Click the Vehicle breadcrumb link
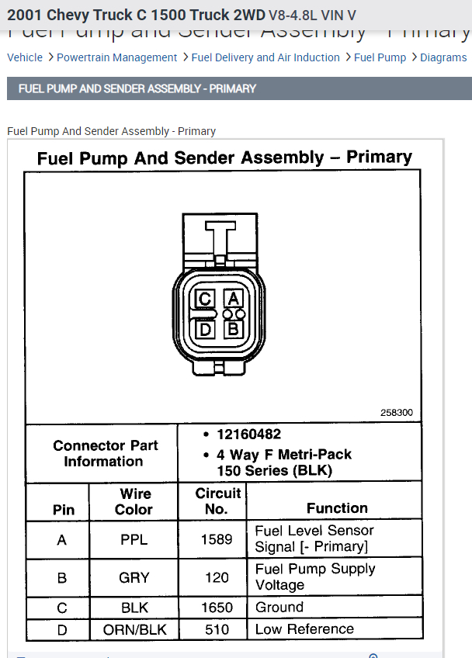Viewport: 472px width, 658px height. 25,57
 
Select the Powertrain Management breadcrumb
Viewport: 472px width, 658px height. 116,57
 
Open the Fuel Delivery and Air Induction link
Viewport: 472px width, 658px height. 265,57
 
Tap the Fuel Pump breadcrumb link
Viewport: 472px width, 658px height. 380,57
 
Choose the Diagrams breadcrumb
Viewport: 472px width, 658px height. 443,57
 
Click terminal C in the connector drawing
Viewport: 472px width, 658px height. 205,299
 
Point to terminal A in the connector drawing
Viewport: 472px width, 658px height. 234,299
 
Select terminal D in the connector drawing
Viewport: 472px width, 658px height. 205,329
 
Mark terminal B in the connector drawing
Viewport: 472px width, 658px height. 234,329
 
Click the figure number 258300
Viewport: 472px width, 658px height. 396,413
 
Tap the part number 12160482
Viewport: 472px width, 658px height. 248,435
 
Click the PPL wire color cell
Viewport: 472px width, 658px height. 134,539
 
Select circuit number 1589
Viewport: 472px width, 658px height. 217,539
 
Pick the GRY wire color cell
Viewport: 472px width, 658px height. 134,577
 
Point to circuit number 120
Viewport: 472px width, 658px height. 217,577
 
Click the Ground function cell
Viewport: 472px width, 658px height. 279,608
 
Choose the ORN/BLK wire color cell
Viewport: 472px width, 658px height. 134,629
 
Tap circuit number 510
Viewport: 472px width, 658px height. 217,629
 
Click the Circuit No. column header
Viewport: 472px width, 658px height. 217,501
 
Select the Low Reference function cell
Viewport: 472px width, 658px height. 304,629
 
